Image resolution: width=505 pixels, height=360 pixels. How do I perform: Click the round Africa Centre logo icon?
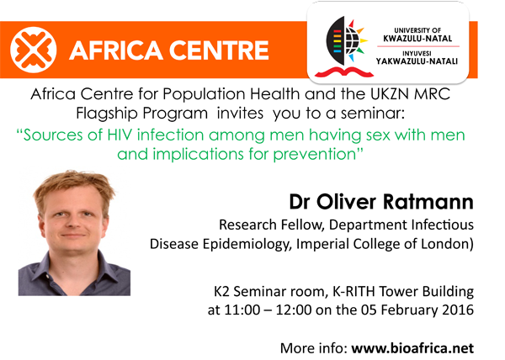(33, 50)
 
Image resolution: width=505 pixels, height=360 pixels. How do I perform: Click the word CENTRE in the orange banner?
(219, 50)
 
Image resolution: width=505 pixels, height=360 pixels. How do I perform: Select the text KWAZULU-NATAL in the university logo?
(417, 39)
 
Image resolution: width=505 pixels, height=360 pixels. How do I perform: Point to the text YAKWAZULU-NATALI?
(417, 61)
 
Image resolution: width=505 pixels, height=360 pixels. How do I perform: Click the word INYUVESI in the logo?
(417, 53)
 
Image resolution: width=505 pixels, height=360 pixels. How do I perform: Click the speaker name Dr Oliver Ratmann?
(381, 202)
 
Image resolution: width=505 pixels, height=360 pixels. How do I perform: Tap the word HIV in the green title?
(120, 135)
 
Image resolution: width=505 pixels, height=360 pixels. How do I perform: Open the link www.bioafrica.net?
(412, 348)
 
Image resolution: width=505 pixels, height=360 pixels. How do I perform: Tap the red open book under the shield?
(344, 71)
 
